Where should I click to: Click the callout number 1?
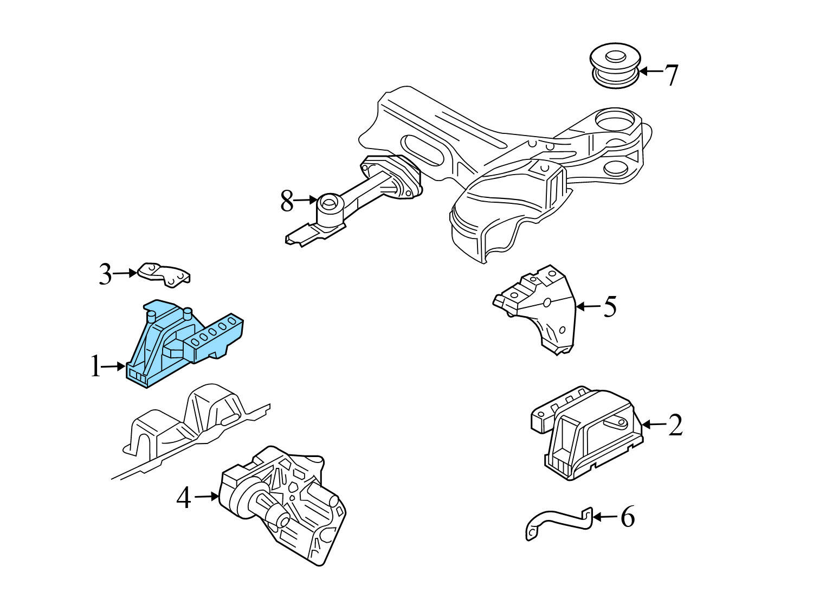[96, 368]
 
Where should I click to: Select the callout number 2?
[675, 425]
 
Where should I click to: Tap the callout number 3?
[105, 274]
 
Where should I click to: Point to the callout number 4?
[184, 498]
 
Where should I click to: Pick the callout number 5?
[610, 307]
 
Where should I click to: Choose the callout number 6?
[627, 517]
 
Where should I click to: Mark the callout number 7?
[672, 75]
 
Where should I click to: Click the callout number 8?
[287, 202]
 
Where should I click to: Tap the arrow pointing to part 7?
[652, 71]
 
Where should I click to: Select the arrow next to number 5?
[588, 307]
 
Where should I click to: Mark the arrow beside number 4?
[206, 496]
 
